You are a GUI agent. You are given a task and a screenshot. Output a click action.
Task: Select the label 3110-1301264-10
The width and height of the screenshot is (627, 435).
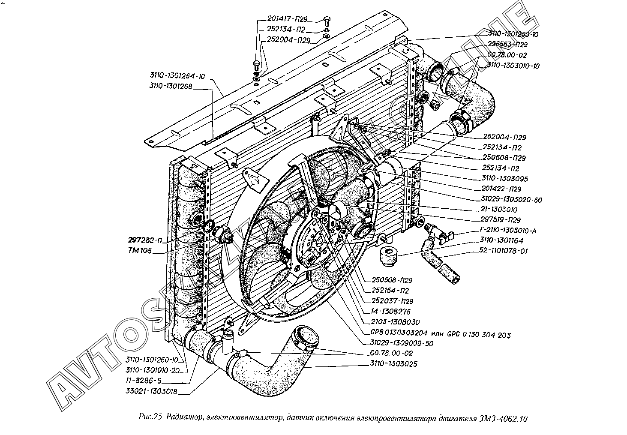point(177,76)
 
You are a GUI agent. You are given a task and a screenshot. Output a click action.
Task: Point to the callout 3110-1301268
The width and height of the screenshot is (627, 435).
point(171,87)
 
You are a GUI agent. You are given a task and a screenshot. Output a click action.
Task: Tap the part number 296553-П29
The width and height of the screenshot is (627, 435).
point(507,44)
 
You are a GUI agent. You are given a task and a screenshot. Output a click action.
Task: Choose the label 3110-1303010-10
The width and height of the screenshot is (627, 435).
point(513,66)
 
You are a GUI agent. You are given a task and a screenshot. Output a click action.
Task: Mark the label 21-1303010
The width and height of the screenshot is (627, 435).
point(499,210)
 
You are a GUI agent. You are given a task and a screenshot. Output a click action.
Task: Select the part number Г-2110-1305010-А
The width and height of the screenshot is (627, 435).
point(507,231)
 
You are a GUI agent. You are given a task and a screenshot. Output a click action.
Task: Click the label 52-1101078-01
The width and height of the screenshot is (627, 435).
point(504,251)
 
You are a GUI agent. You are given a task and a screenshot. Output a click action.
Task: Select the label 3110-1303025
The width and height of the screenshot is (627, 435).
point(393,364)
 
